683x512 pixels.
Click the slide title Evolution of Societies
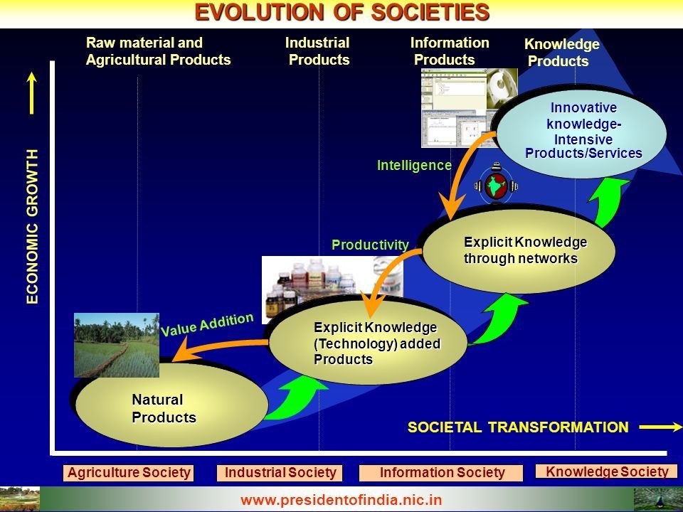pyautogui.click(x=342, y=12)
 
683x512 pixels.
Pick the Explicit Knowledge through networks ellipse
pyautogui.click(x=519, y=250)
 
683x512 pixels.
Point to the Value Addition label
pyautogui.click(x=207, y=324)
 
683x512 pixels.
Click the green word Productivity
pyautogui.click(x=370, y=245)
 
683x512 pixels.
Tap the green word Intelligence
pyautogui.click(x=414, y=166)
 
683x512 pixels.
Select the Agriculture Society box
pyautogui.click(x=129, y=473)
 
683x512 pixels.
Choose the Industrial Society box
pyautogui.click(x=280, y=473)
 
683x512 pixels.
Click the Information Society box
pyautogui.click(x=441, y=473)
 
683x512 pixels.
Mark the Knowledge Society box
pyautogui.click(x=606, y=471)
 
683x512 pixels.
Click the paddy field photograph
pyautogui.click(x=117, y=345)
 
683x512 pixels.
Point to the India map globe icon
pyautogui.click(x=496, y=185)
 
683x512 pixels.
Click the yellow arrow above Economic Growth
pyautogui.click(x=31, y=93)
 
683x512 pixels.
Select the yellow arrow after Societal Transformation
pyautogui.click(x=661, y=427)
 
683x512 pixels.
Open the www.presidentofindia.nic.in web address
pyautogui.click(x=341, y=500)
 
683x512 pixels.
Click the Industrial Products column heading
pyautogui.click(x=318, y=51)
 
